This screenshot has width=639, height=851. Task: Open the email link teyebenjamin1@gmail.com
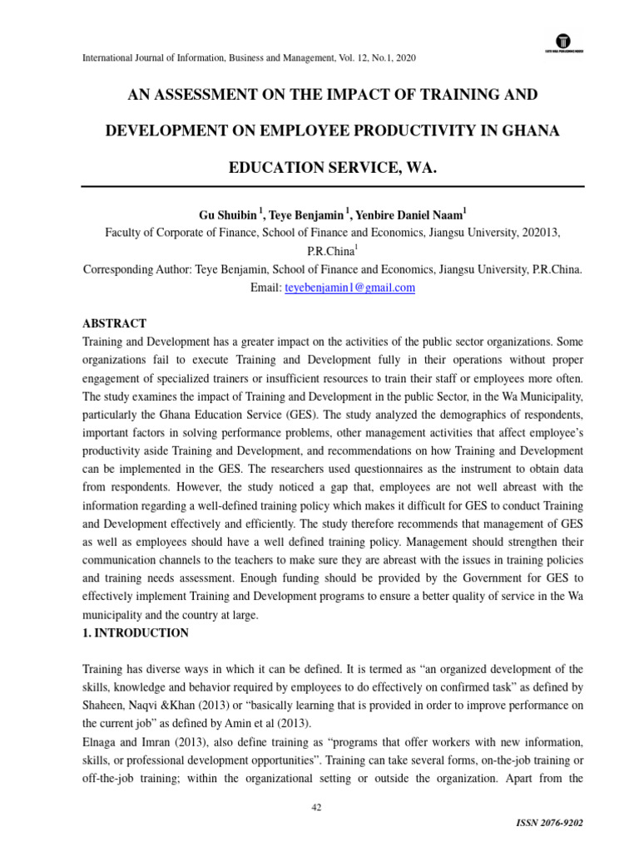pos(349,288)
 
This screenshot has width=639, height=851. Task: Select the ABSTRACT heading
pos(115,323)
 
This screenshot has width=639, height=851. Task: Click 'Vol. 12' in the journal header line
pos(336,58)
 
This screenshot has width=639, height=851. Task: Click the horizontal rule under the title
pos(332,186)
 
